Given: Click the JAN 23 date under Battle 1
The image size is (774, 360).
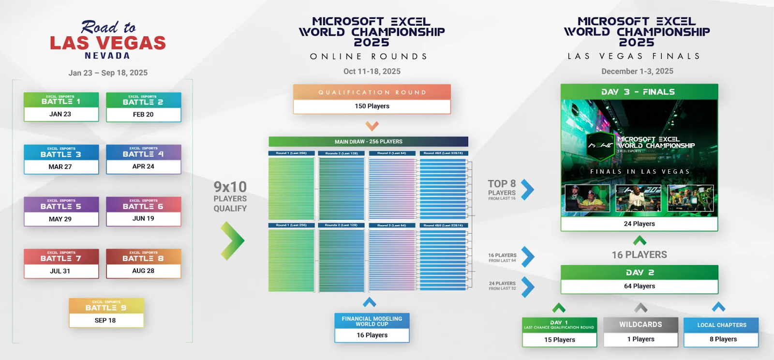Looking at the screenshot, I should (60, 114).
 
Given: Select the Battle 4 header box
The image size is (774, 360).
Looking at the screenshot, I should (143, 152).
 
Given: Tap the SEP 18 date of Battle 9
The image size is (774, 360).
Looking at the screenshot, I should (105, 320).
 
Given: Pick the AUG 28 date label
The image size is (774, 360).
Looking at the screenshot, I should (143, 271).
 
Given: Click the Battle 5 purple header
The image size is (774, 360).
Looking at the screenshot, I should (61, 205).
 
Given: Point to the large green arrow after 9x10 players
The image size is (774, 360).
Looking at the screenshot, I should (232, 240).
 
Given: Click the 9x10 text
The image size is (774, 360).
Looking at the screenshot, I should (230, 187).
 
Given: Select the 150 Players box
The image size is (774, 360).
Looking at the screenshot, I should (372, 106).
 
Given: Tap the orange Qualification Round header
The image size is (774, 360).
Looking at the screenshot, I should (372, 92).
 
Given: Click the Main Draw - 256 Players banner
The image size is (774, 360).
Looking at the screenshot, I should (368, 142).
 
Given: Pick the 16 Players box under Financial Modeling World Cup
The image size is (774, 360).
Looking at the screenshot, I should (372, 335).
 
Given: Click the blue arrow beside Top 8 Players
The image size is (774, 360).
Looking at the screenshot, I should (527, 190).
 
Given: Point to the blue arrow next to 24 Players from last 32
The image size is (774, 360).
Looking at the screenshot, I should (527, 286).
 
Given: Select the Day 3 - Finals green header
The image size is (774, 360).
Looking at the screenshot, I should (639, 92).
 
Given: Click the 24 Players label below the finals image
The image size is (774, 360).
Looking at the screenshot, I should (639, 224).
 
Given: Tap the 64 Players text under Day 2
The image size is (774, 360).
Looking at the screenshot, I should (639, 286).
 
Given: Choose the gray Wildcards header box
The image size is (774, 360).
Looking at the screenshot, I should (640, 325).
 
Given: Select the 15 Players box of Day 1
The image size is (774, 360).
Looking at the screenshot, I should (559, 340).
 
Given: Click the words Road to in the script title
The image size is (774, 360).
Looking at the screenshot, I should (108, 27).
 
